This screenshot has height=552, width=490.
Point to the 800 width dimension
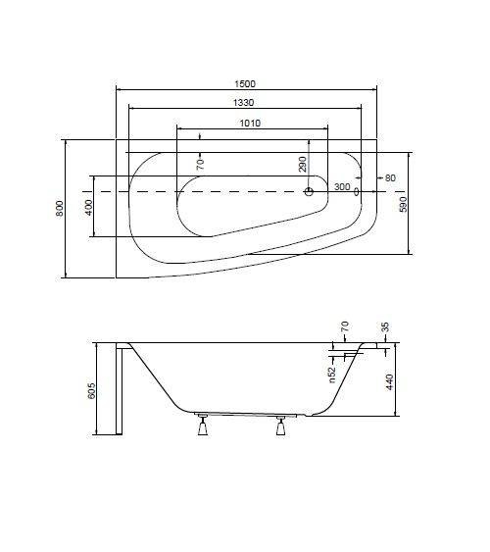click(x=60, y=208)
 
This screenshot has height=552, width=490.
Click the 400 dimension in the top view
click(x=88, y=207)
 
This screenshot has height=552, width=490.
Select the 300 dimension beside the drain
click(x=341, y=186)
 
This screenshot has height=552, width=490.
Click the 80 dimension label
click(x=390, y=177)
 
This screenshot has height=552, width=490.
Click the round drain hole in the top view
click(x=311, y=192)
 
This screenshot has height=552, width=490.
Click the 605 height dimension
click(x=90, y=391)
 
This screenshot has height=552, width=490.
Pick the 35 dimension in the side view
click(x=385, y=327)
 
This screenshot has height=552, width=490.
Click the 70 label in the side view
click(x=344, y=327)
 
